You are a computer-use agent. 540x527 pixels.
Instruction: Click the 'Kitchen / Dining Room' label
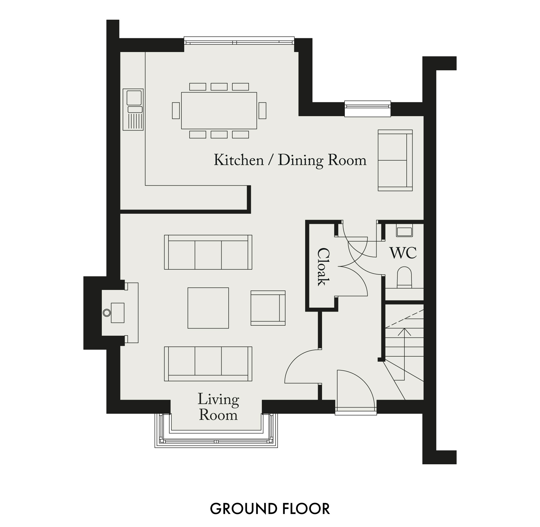(x=290, y=161)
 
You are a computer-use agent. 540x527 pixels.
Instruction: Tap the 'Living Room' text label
(x=218, y=407)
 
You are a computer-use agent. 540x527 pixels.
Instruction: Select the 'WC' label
(x=403, y=253)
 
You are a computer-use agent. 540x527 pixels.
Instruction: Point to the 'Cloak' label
(x=323, y=267)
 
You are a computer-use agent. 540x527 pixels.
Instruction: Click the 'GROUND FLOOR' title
(x=270, y=509)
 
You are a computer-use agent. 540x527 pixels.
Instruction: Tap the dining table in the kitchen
(x=219, y=111)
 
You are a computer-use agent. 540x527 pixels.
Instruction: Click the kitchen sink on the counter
(x=133, y=110)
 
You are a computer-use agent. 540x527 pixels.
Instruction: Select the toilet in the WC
(x=404, y=277)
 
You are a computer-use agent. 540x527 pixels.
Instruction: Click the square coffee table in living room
(x=208, y=308)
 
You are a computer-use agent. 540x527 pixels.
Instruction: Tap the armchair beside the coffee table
(x=268, y=308)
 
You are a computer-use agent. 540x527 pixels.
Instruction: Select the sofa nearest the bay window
(x=208, y=364)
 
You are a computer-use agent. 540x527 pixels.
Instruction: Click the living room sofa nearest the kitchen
(x=208, y=252)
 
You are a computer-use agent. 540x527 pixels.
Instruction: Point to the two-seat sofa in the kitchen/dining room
(x=395, y=160)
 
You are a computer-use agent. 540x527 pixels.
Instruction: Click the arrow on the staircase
(x=404, y=354)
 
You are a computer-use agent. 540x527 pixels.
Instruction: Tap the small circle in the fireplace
(x=107, y=312)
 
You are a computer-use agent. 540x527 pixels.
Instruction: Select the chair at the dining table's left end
(x=176, y=111)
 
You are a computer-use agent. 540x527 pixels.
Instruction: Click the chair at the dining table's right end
(x=262, y=111)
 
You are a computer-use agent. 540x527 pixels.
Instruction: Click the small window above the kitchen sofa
(x=368, y=109)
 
